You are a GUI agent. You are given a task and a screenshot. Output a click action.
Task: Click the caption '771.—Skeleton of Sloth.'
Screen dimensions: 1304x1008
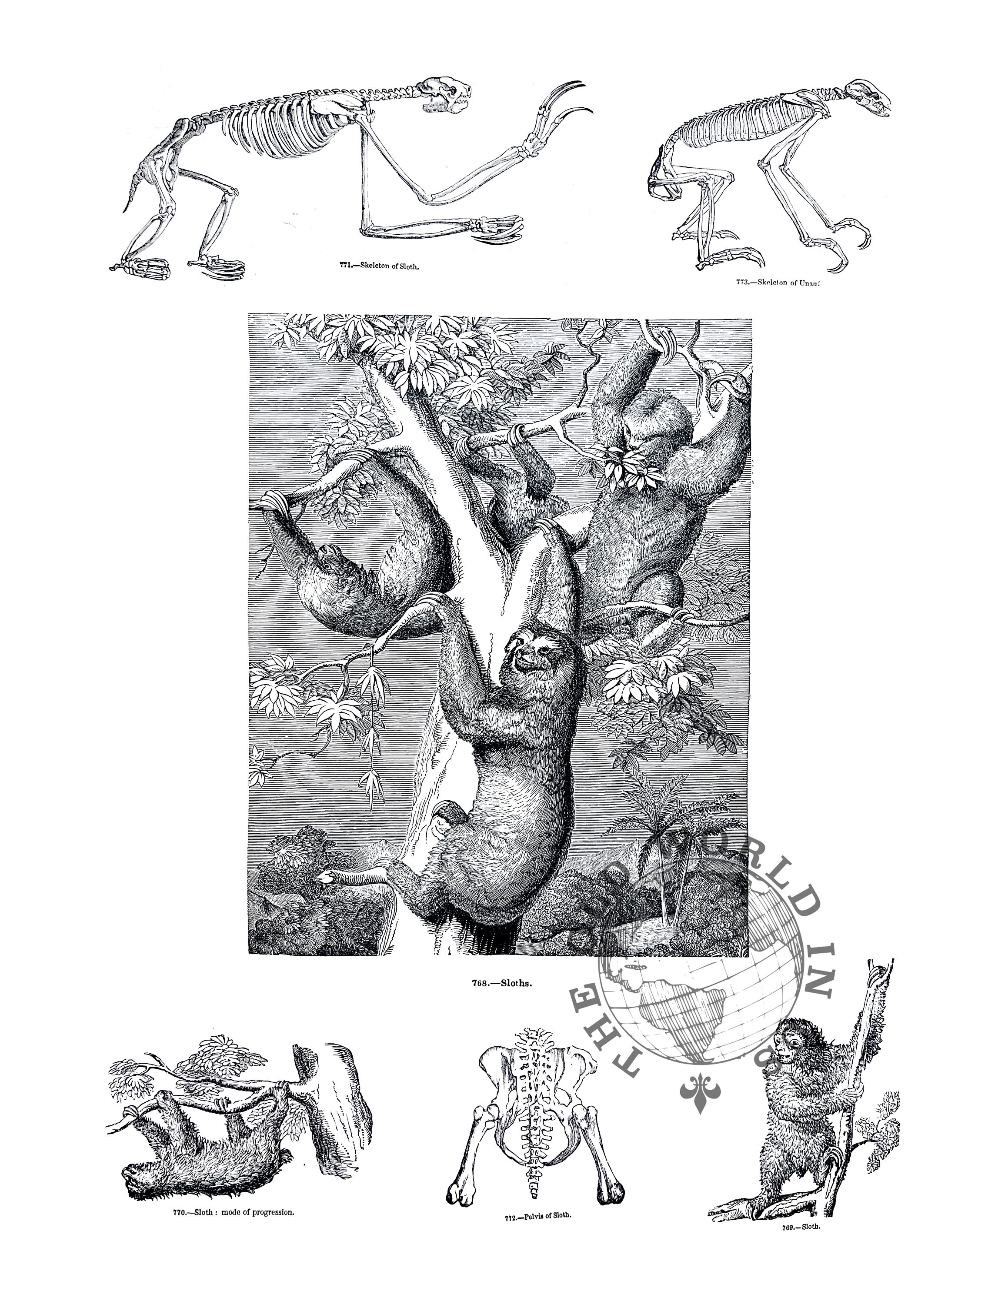pos(379,266)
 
